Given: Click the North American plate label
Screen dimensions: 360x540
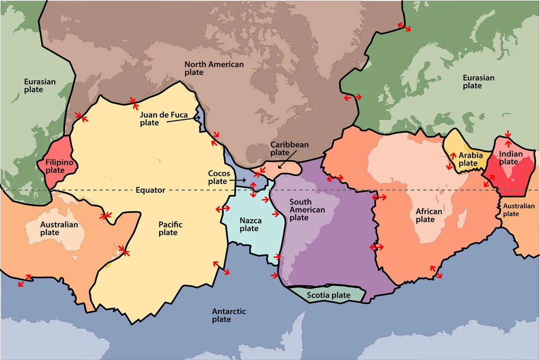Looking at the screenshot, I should coord(214,68).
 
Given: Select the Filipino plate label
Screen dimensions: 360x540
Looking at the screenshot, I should coord(59,166).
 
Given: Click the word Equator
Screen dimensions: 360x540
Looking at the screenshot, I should coord(150,190).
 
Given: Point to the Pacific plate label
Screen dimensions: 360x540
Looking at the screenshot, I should coord(170,228).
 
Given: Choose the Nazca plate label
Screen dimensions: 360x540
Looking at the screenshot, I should coord(249,224).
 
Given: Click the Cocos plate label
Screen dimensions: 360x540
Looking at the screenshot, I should coord(219,177).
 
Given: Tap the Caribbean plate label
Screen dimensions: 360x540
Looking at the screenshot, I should coord(289,148).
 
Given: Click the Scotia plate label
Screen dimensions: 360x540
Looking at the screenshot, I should coord(328,295).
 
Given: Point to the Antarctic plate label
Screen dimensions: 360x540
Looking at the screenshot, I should coord(229,315).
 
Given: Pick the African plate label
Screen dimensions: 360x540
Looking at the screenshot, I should coord(429,215).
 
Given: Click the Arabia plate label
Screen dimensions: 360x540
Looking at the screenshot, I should coord(470,159).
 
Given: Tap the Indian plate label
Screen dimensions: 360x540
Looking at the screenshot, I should coord(510,158).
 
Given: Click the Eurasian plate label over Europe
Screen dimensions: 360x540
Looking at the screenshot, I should coord(478,81).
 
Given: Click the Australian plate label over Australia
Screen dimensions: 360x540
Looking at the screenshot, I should coord(59,228).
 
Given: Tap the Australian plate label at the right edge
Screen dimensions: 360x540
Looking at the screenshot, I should coord(518,210).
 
